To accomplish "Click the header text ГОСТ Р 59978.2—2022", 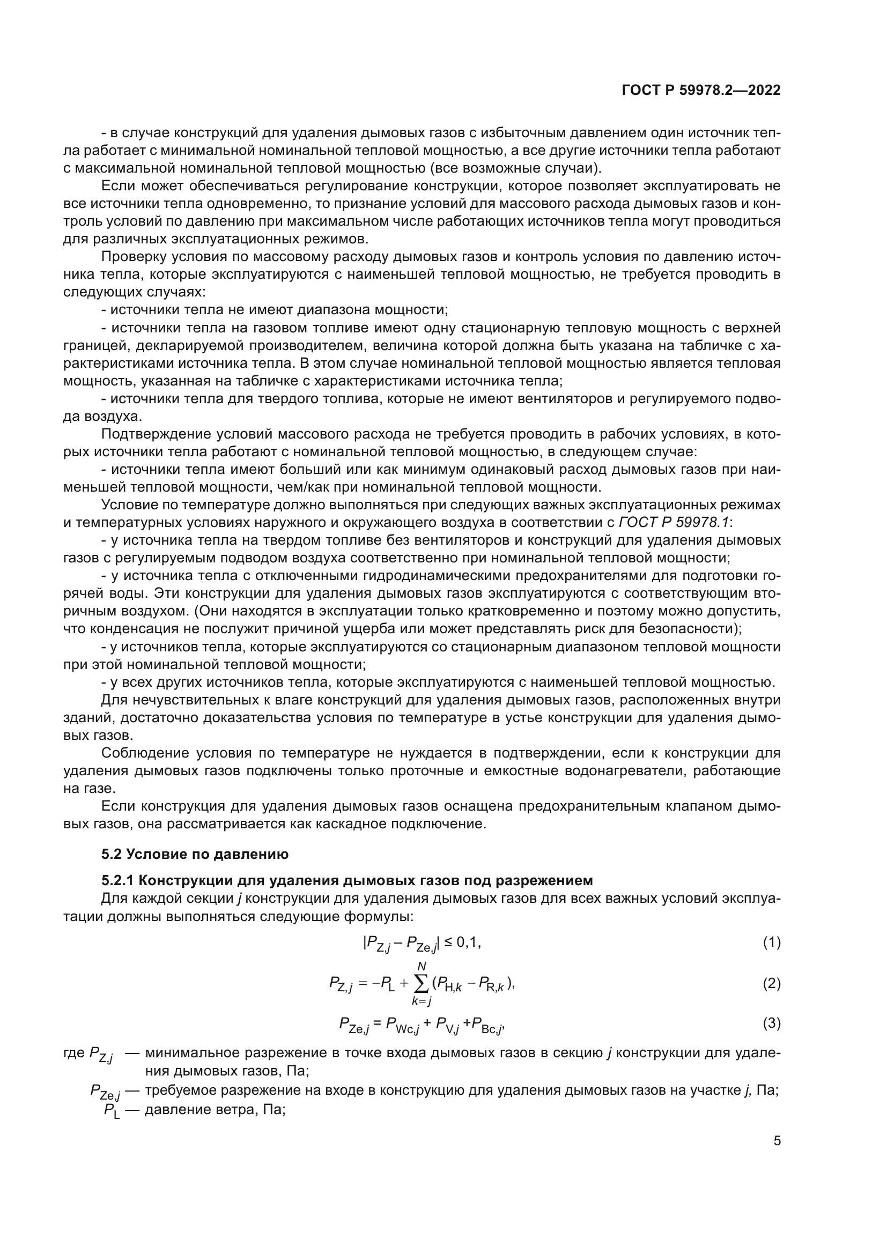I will click(701, 91).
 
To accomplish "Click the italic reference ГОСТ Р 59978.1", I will click(674, 522).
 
